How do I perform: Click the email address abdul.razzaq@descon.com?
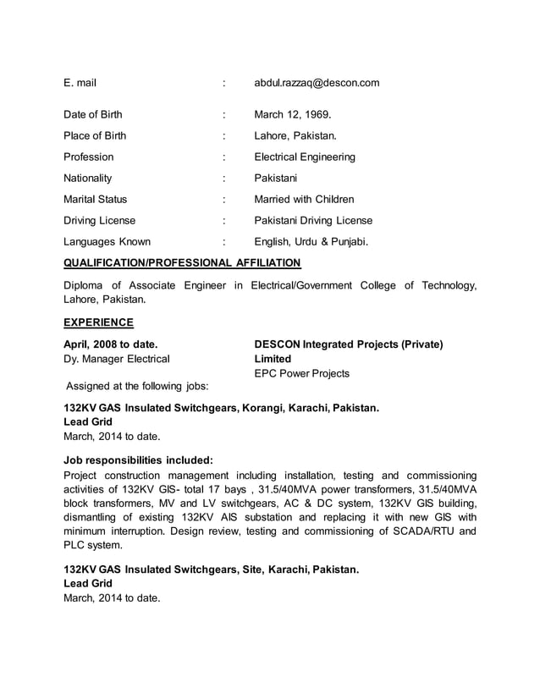coord(317,83)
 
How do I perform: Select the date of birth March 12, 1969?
coord(293,114)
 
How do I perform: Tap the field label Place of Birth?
coord(95,135)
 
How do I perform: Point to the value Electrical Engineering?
coord(305,157)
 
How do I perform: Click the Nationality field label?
coord(87,178)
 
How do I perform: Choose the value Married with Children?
coord(304,199)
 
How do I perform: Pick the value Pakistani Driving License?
coord(313,220)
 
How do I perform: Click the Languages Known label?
coord(107,241)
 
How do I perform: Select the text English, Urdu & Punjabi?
coord(311,241)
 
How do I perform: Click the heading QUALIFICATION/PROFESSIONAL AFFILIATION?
coord(182,262)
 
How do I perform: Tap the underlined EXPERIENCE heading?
coord(99,322)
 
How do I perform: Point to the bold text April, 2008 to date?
coord(110,344)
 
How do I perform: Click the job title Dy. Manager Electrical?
coord(117,359)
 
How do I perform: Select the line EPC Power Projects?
coord(301,373)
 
